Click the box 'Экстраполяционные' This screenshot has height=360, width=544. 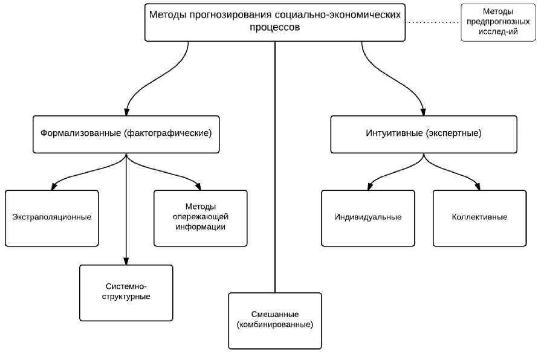[51, 218]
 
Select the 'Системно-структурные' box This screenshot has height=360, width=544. [126, 292]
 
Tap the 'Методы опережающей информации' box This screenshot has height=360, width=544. [200, 218]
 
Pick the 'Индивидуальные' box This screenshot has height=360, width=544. [368, 218]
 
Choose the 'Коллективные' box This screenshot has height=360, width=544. [479, 218]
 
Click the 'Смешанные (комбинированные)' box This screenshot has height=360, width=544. [275, 320]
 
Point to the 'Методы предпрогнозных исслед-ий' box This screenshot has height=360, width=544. [498, 22]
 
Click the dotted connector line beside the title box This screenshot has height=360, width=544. [433, 22]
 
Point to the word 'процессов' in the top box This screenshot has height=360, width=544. [275, 28]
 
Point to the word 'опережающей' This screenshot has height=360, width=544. [201, 217]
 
